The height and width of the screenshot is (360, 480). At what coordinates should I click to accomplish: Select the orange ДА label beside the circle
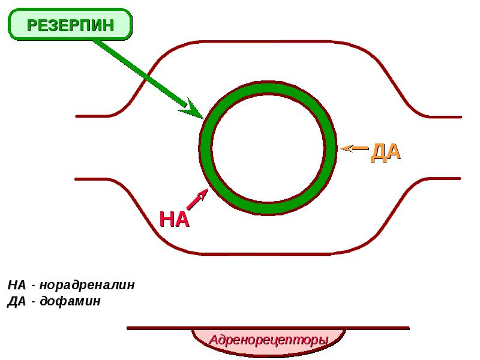pyautogui.click(x=385, y=152)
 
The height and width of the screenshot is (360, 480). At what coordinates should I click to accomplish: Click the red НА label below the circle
pyautogui.click(x=174, y=219)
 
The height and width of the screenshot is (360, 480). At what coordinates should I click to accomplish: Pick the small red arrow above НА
pyautogui.click(x=197, y=199)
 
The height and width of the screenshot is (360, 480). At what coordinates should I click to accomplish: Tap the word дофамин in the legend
pyautogui.click(x=70, y=301)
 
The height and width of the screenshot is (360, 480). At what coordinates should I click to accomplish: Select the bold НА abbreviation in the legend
pyautogui.click(x=17, y=285)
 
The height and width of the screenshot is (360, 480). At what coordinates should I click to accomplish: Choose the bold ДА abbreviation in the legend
pyautogui.click(x=17, y=301)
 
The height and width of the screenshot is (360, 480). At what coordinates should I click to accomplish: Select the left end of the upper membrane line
pyautogui.click(x=77, y=116)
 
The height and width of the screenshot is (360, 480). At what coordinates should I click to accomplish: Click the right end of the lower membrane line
pyautogui.click(x=460, y=178)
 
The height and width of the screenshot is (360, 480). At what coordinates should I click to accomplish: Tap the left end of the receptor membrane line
pyautogui.click(x=128, y=328)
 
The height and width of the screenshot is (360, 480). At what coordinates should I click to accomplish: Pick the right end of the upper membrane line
pyautogui.click(x=460, y=116)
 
